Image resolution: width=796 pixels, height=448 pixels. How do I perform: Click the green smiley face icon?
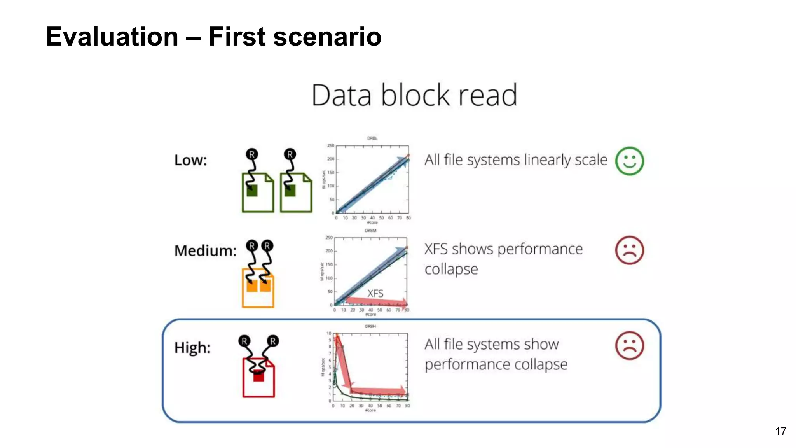[629, 161]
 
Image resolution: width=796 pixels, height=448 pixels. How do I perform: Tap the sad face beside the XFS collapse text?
[629, 250]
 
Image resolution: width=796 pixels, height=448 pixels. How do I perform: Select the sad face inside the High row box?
[629, 345]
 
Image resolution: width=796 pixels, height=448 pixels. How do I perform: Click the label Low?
[190, 160]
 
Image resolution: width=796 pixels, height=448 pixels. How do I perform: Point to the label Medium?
[205, 250]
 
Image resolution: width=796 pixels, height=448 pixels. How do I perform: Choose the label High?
[192, 347]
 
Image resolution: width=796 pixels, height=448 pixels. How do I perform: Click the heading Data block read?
[414, 95]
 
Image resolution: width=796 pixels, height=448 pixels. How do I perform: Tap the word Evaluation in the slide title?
[112, 37]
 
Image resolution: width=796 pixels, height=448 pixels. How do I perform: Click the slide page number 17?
[780, 431]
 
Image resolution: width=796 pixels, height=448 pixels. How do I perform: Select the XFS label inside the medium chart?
[375, 293]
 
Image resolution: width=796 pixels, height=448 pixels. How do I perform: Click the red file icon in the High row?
[258, 377]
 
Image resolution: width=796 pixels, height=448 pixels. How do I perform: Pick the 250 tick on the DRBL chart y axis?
[330, 145]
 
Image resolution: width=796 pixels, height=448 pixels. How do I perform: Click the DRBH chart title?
[370, 326]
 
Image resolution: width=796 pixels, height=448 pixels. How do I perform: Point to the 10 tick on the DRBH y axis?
[329, 333]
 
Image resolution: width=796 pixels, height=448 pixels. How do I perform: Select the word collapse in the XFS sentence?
[451, 269]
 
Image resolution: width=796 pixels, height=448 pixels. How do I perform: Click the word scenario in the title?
[327, 37]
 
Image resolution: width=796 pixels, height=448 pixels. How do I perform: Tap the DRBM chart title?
[370, 230]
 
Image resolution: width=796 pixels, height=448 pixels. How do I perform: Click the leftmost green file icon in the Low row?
[258, 192]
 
